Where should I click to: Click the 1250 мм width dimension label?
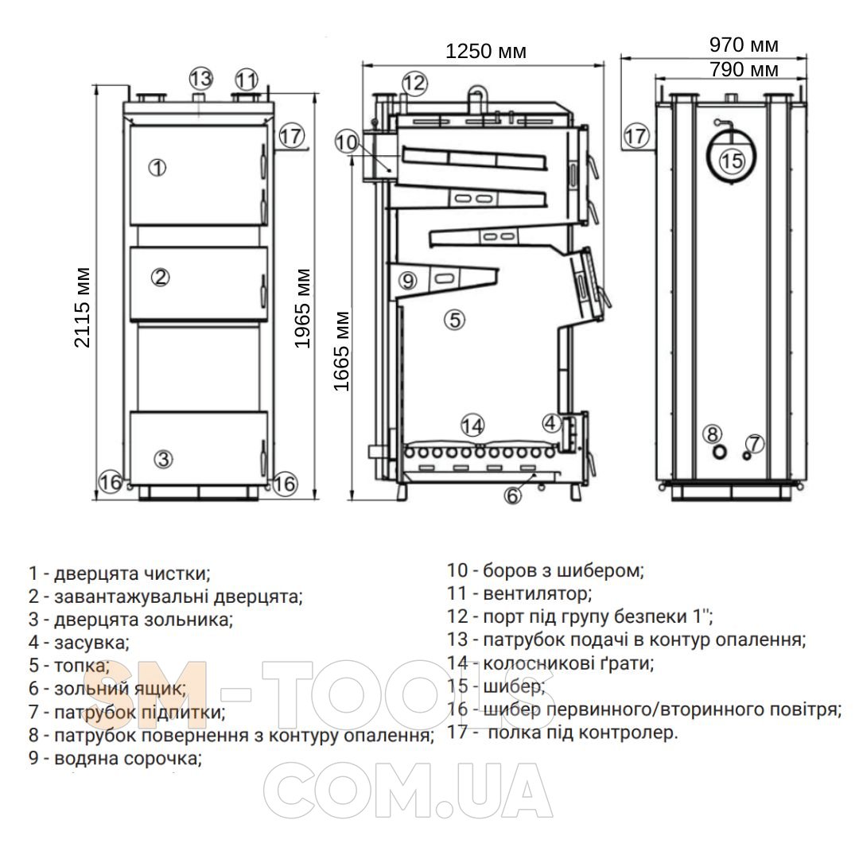pos(486,52)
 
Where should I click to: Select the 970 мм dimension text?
pos(744,45)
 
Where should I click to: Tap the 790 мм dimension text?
pos(744,70)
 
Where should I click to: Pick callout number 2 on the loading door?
pos(161,277)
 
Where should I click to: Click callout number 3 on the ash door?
pos(162,458)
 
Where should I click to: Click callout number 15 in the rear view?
pos(732,161)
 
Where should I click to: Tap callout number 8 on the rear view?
pos(712,433)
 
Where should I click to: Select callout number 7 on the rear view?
pos(754,443)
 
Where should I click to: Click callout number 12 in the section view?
pos(414,82)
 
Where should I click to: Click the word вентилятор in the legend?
pos(537,593)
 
